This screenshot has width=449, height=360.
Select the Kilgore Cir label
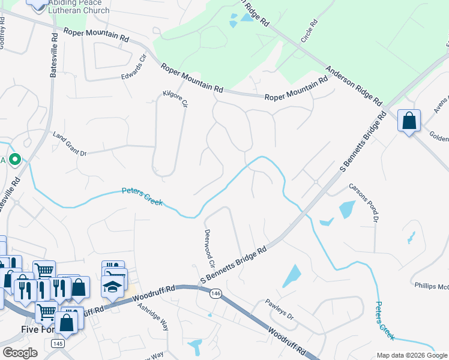click(176, 99)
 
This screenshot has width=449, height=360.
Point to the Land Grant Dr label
click(70, 145)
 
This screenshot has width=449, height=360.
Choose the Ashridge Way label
click(153, 316)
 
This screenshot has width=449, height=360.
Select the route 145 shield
click(58, 343)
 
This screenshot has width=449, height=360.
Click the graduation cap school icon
click(112, 287)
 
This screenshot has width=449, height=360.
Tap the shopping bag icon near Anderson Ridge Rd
click(409, 121)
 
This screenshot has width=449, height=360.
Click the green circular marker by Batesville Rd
click(15, 160)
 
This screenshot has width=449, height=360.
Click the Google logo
click(20, 353)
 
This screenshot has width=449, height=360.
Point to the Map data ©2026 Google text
click(411, 355)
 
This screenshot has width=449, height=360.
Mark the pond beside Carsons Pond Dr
click(347, 209)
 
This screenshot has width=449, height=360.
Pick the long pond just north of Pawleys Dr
click(292, 276)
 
